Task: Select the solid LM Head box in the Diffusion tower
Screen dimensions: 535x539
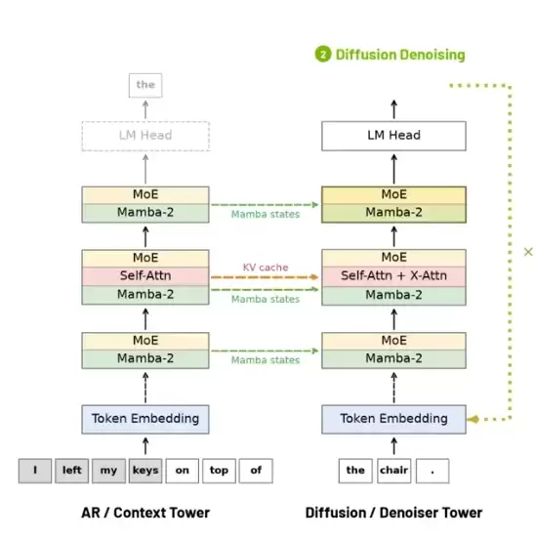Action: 393,136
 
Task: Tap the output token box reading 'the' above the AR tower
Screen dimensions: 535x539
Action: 145,85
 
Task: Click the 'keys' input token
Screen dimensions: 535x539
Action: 145,471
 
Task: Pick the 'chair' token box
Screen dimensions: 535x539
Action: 393,471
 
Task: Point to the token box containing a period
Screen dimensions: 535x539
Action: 432,471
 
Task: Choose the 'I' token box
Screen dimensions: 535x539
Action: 35,471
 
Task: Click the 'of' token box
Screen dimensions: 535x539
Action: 256,471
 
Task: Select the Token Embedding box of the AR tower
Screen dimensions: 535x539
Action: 145,419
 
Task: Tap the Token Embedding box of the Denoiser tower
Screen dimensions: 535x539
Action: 393,419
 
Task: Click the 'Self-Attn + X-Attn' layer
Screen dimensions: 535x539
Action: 393,276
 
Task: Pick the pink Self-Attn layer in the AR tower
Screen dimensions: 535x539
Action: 145,276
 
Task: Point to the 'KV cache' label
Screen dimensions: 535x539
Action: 266,268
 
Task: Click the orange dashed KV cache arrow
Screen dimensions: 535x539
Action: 265,277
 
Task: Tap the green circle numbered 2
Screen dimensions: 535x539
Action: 323,55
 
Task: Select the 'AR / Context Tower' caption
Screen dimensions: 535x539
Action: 145,513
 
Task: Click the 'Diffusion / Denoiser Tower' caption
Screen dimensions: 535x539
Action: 393,513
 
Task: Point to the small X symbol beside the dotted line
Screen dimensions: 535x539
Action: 528,252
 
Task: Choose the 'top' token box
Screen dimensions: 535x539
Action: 219,471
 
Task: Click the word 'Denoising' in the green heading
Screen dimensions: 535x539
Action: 432,55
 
